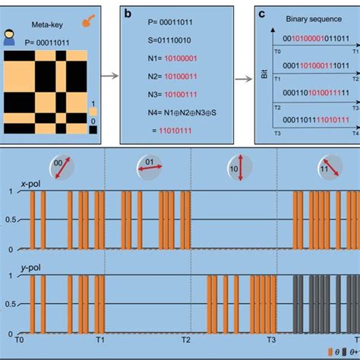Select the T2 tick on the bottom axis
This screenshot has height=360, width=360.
[186, 342]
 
